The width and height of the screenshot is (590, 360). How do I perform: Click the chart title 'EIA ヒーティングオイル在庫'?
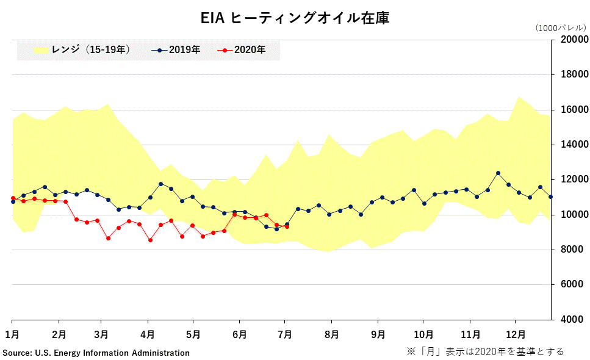coord(295,18)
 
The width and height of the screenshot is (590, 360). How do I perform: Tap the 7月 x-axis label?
coord(286,334)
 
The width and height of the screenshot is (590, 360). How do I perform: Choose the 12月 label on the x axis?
coord(516,334)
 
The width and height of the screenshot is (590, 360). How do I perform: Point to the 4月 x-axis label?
coord(148,334)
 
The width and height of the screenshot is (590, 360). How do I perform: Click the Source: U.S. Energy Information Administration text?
coord(96,353)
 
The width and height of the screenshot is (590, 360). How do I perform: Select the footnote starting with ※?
coord(485,351)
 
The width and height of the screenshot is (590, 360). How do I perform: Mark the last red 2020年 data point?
coord(287,226)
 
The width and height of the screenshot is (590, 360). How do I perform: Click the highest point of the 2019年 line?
coord(498,173)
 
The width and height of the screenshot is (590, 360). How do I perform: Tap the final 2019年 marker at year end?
coord(551,197)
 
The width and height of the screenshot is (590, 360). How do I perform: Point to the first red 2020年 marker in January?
coord(13,198)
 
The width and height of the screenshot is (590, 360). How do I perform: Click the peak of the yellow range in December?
coord(519,96)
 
